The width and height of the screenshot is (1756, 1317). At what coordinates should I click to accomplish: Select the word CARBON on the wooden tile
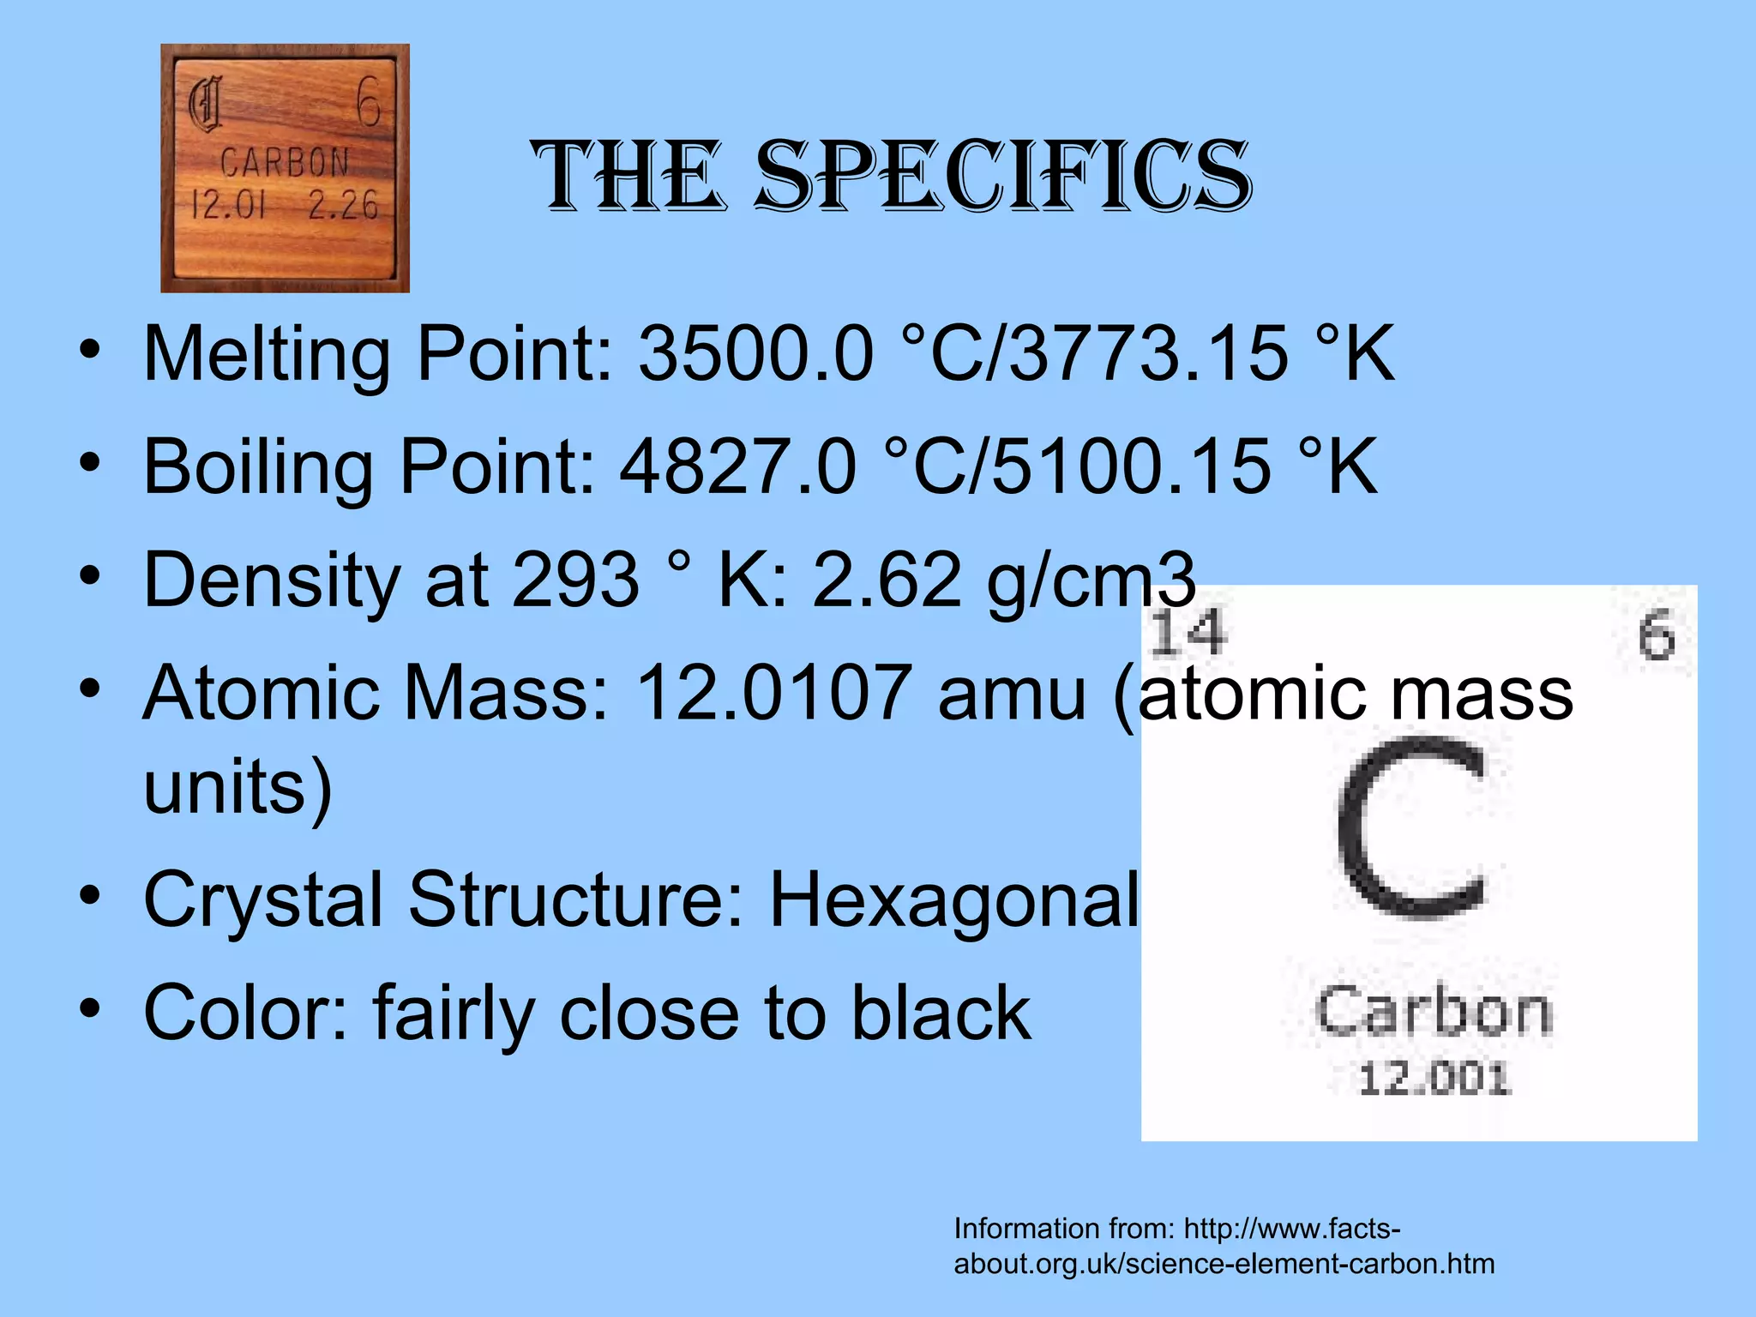[x=285, y=162]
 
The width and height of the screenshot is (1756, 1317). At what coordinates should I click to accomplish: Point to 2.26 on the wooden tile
[x=343, y=206]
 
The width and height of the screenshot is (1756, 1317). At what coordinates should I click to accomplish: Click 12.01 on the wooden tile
[x=228, y=206]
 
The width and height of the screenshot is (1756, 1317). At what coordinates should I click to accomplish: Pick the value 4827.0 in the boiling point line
[x=738, y=466]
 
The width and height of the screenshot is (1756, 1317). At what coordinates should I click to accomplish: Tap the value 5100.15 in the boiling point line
[x=1132, y=466]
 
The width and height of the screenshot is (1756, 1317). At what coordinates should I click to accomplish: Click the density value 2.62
[x=887, y=580]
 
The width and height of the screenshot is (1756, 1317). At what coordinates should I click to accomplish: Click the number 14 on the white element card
[x=1188, y=633]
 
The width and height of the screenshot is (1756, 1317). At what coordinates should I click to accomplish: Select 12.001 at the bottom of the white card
[x=1434, y=1079]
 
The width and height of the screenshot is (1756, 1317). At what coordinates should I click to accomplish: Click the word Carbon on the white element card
[x=1434, y=1012]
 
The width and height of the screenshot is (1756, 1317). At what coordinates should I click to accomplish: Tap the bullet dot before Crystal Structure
[x=89, y=897]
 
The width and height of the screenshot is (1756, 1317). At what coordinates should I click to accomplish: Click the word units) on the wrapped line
[x=238, y=787]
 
